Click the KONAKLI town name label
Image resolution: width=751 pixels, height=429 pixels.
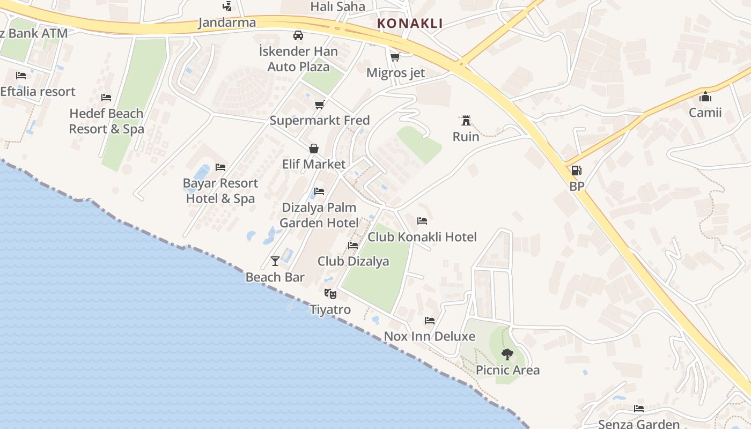tap(410, 23)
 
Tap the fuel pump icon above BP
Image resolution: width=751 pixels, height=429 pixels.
tap(576, 171)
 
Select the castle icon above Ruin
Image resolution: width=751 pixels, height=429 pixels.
tap(466, 120)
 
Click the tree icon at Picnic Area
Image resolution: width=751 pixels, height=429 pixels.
tap(507, 354)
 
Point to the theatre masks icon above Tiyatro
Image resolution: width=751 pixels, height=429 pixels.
tap(330, 293)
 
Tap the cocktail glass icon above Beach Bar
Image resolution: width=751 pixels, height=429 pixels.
tap(275, 261)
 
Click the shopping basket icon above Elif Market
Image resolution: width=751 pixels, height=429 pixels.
tap(314, 148)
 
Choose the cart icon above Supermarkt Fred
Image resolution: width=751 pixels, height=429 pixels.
tap(320, 105)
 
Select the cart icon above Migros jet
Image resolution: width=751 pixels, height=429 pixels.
tap(395, 57)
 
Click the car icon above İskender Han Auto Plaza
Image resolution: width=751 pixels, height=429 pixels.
tap(298, 35)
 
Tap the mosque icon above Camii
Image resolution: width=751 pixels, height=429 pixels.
tap(705, 97)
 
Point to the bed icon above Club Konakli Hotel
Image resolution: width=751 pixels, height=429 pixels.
tap(422, 220)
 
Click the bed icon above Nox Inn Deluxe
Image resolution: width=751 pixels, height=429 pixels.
tap(430, 321)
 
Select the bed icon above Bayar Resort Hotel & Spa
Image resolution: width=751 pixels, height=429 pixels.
tap(220, 167)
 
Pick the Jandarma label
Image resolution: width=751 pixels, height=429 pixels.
tap(227, 23)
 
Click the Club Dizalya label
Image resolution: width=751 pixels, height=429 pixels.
tap(353, 262)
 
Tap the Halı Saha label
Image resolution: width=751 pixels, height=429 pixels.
tap(337, 7)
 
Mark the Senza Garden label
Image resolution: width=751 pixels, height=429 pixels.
tap(638, 424)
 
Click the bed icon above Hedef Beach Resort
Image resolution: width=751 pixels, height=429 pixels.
tap(106, 98)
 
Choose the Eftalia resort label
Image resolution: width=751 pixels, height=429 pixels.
tap(38, 92)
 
